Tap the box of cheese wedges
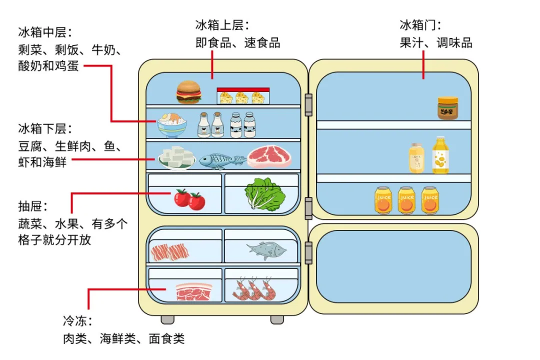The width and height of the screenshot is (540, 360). pos(243,96)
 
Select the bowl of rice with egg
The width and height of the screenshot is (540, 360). pos(172,125)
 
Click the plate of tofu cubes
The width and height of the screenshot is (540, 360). pos(176,157)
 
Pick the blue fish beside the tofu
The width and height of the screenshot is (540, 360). pos(222,160)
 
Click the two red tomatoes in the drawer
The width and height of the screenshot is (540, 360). pos(189,199)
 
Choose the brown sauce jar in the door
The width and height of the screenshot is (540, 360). pos(447,108)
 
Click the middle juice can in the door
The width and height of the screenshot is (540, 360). pos(406,200)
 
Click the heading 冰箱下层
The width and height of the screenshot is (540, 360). pos(44,128)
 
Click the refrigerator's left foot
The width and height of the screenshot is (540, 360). pos(167,319)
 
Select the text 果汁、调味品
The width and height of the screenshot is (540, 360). pos(436,42)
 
